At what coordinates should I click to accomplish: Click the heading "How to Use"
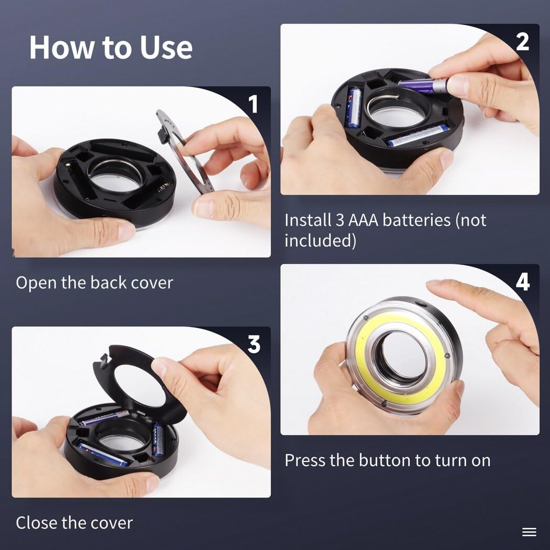111,48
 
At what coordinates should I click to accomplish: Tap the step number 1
253,104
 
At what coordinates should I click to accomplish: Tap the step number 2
522,42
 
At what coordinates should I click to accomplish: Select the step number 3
254,344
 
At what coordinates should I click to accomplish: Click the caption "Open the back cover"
94,283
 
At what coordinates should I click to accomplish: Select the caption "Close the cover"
74,523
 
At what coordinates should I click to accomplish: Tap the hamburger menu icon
529,532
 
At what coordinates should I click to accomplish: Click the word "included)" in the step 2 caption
320,240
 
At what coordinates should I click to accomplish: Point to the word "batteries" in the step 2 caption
416,221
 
